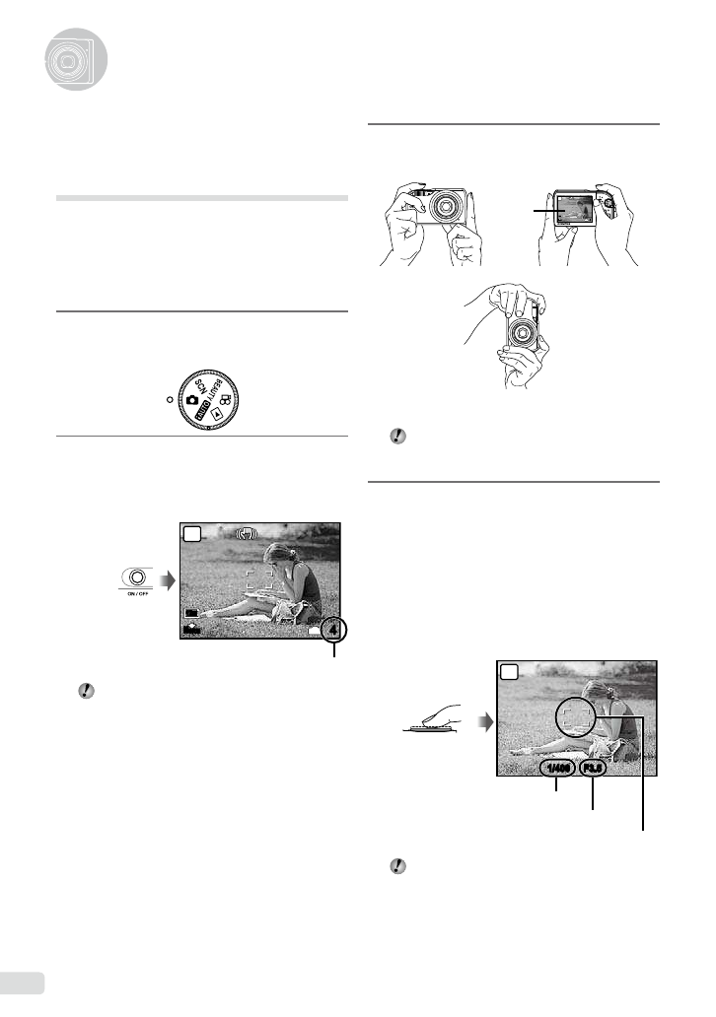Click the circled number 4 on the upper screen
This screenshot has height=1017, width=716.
334,628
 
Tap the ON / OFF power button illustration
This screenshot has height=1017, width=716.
138,578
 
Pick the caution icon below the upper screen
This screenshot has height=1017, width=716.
85,693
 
